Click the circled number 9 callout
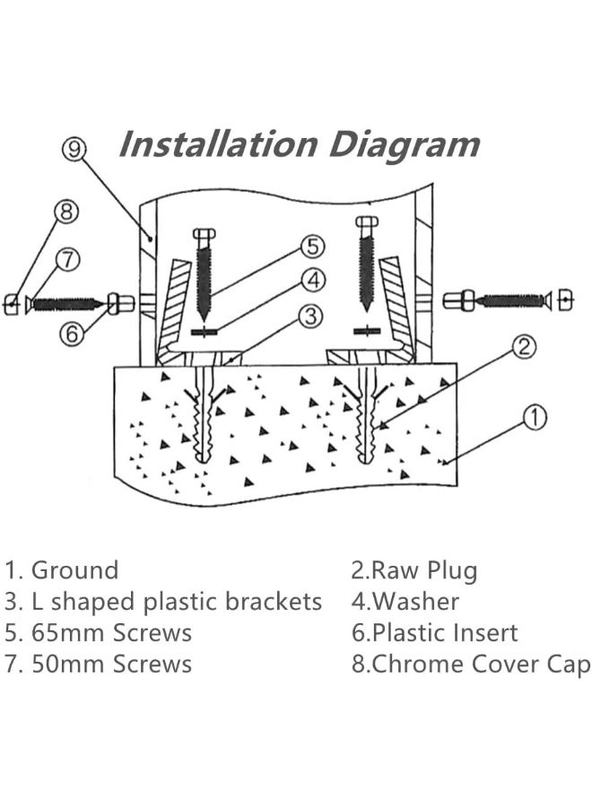[75, 149]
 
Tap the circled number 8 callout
[65, 213]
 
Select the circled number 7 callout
[67, 260]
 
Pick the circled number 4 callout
[311, 281]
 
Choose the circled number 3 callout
[309, 316]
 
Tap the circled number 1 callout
[534, 416]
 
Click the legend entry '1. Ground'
[62, 570]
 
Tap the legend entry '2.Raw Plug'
[414, 570]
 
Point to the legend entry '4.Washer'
[405, 602]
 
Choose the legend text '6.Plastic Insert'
[434, 633]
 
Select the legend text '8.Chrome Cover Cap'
[470, 664]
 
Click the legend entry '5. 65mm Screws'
[99, 633]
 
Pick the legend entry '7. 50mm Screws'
[99, 664]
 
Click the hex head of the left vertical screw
[204, 235]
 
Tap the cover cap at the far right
[565, 301]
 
